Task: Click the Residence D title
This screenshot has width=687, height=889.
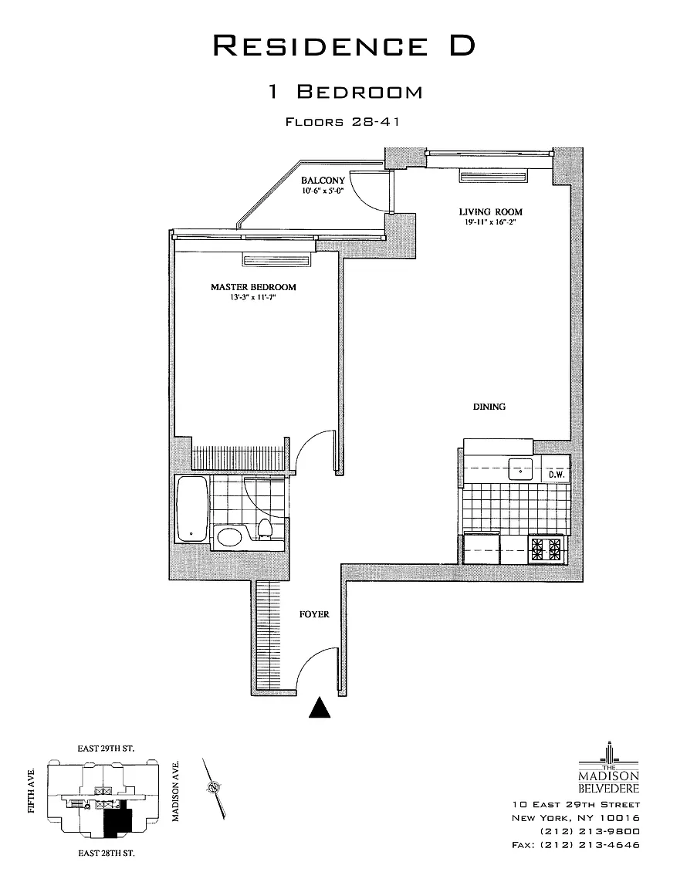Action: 343,46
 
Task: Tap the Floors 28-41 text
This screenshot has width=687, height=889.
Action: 343,122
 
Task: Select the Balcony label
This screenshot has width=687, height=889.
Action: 323,181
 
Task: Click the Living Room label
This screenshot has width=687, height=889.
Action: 491,212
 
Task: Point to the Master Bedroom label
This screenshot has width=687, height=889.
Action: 254,287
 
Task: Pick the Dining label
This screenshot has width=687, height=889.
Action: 489,407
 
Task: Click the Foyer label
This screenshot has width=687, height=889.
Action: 314,614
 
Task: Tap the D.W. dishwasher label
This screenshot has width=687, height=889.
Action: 555,475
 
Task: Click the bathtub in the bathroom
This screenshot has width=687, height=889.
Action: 191,509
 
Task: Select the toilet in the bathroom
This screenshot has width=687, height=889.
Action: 264,528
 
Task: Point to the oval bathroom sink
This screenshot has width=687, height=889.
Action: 230,536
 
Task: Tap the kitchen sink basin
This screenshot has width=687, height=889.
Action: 520,469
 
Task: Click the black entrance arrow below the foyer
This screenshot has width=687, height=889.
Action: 320,708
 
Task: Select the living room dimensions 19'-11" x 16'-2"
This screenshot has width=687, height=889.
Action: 490,222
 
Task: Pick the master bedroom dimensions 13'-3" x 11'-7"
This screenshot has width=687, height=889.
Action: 253,297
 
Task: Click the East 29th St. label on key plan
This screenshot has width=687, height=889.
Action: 106,749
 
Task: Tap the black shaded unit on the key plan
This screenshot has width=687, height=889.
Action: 117,821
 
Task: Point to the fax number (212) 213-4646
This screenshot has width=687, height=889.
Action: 575,845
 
